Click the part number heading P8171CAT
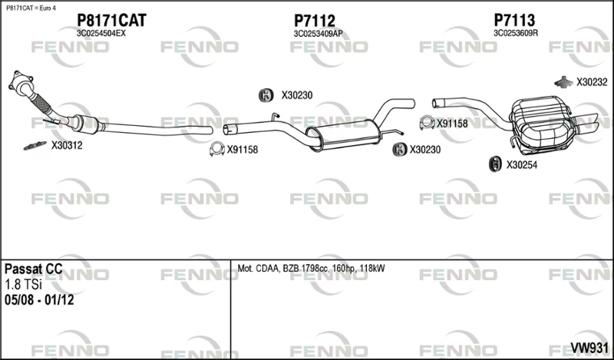pos(111,20)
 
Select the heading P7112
pos(315,21)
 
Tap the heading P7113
pos(514,20)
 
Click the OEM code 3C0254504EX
pos(101,33)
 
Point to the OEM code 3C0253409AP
pos(318,34)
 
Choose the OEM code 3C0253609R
pos(516,33)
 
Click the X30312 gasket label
pos(67,146)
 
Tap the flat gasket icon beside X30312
pos(35,146)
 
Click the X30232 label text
pos(592,82)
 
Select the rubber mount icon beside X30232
pos(564,81)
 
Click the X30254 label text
pos(522,165)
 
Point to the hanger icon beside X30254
pos(495,164)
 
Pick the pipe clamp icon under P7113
pos(427,123)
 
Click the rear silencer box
pos(541,124)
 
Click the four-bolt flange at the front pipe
pos(20,82)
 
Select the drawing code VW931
pos(589,348)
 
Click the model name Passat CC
pos(33,269)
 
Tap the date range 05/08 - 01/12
pos(39,300)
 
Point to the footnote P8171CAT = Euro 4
pos(31,8)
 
